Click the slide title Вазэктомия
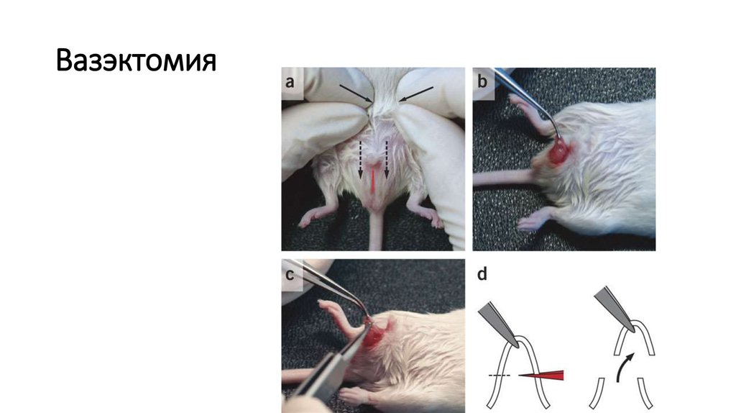(x=136, y=61)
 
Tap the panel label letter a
(x=290, y=82)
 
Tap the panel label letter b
(x=482, y=81)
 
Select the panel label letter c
(x=290, y=274)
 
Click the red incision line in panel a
(x=373, y=181)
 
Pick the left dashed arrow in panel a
(x=361, y=159)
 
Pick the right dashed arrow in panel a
(x=387, y=159)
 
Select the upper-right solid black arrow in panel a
(x=416, y=94)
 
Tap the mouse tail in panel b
(x=503, y=178)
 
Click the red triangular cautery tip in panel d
(x=541, y=375)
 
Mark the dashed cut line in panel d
(x=500, y=376)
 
